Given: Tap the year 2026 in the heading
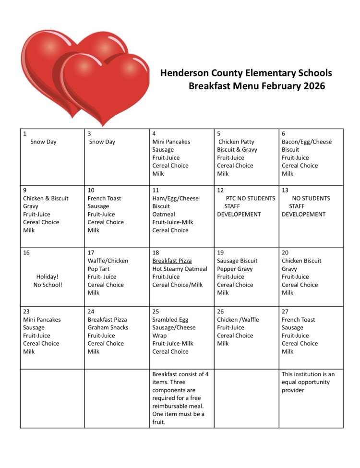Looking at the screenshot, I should [x=311, y=86].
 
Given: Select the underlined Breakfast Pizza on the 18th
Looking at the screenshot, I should [x=172, y=261].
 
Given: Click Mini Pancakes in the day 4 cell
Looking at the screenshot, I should [x=171, y=142].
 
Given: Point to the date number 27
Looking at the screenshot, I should [x=285, y=312].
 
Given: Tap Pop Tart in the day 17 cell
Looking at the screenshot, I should [x=98, y=269].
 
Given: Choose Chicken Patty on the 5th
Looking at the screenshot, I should [x=236, y=142].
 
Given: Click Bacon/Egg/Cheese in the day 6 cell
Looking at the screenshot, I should [x=306, y=142].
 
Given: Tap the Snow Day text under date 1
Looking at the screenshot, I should [x=43, y=142].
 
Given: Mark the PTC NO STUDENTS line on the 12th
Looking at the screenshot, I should [x=251, y=198].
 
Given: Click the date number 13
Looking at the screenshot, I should [x=285, y=190].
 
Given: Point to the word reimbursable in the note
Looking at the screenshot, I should [x=175, y=406].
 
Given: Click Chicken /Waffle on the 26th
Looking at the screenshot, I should [x=238, y=320].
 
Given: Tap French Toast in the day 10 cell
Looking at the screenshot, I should [x=104, y=198].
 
